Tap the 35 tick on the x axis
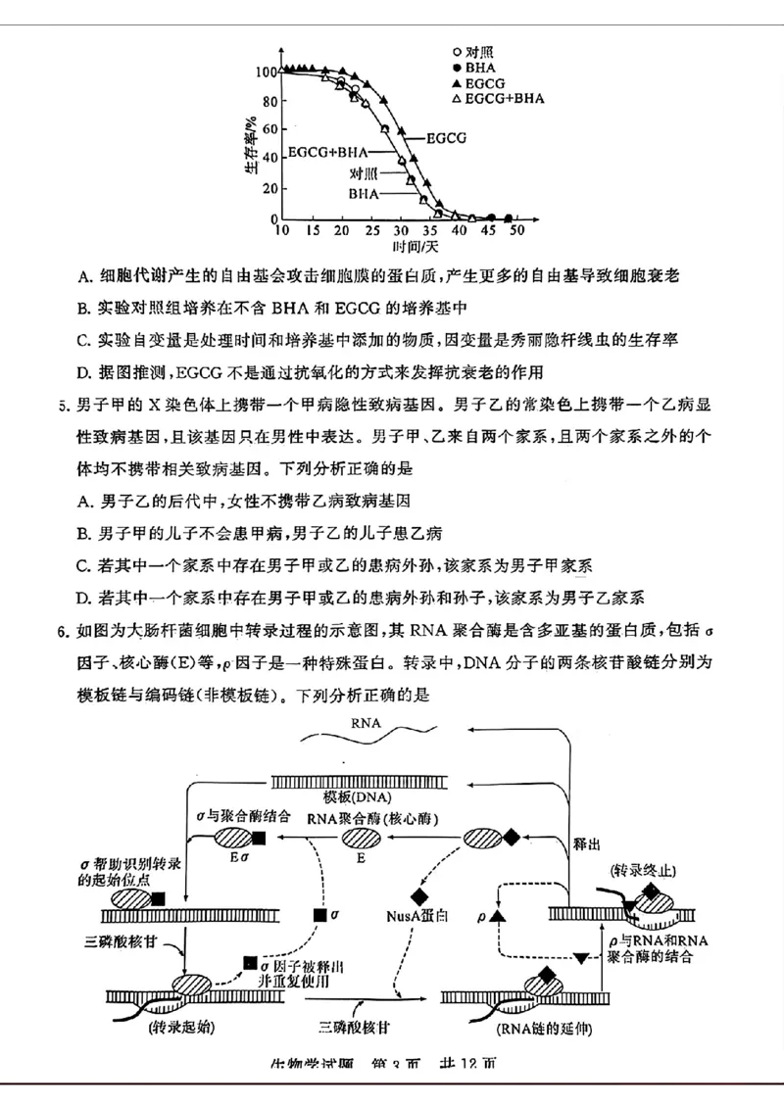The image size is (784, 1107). pyautogui.click(x=428, y=230)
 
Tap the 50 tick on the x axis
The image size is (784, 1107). pyautogui.click(x=516, y=230)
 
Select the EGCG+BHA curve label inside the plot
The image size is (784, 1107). pyautogui.click(x=326, y=152)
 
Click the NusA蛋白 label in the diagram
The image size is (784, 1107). pyautogui.click(x=416, y=917)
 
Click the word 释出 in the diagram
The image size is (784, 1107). pyautogui.click(x=585, y=840)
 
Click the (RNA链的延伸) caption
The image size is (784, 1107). pyautogui.click(x=533, y=1028)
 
